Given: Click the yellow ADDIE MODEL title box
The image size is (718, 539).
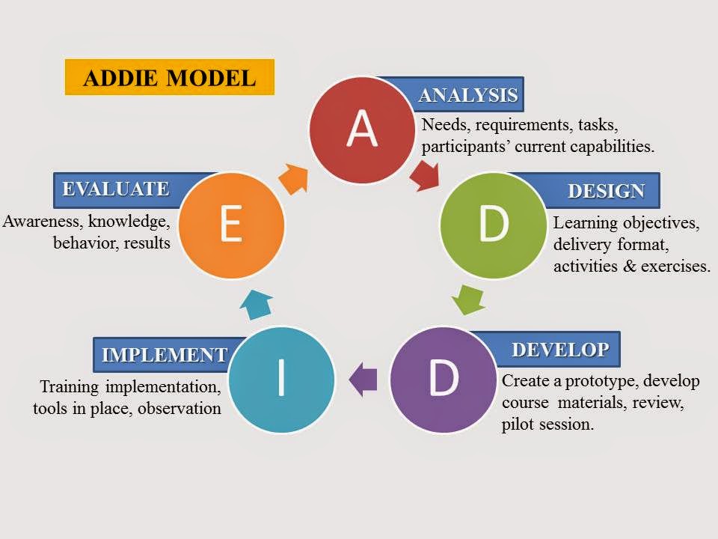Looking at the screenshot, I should click(170, 77).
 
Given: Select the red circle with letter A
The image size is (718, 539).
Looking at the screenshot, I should click(362, 130).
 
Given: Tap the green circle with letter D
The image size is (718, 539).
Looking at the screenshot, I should click(492, 225).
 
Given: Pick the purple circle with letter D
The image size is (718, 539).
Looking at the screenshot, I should click(444, 380).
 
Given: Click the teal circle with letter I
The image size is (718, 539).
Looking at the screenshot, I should click(280, 380).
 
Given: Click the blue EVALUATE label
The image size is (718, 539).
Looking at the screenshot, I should click(112, 189).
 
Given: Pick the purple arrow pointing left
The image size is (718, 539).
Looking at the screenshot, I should click(363, 379).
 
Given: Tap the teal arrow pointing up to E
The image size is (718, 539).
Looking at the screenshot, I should click(258, 302).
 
